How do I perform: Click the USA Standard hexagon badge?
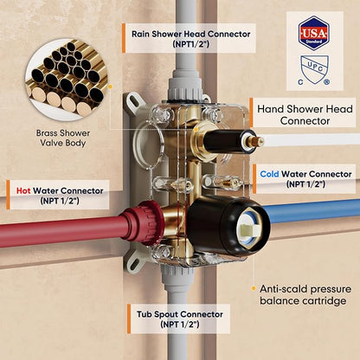(313, 33)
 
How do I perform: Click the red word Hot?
(23, 190)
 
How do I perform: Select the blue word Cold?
(269, 174)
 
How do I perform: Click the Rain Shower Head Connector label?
(190, 39)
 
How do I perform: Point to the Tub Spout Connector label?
(180, 318)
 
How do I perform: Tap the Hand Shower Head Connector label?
(305, 115)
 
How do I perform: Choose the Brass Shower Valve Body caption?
(63, 138)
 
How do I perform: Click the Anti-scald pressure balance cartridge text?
(305, 294)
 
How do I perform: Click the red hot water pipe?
(62, 230)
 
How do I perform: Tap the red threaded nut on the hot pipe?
(145, 222)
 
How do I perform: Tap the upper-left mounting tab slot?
(133, 101)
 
